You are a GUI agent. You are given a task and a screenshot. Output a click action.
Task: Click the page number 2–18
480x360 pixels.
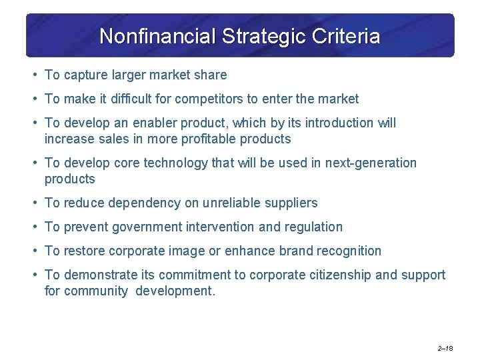click(x=445, y=349)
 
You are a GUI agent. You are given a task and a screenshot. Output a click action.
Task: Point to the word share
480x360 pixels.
click(x=211, y=75)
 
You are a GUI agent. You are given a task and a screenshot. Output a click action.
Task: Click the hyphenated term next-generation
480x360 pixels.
click(x=371, y=163)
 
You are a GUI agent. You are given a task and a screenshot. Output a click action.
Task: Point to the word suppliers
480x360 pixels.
click(x=291, y=203)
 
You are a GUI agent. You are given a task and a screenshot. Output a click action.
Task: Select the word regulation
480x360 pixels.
click(x=313, y=227)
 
